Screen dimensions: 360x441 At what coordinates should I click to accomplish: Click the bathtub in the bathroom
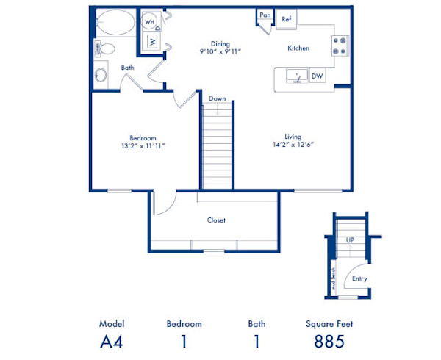pyautogui.click(x=115, y=22)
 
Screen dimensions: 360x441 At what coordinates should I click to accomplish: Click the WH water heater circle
pyautogui.click(x=150, y=22)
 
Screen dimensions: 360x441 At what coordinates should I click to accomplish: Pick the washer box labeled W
pyautogui.click(x=152, y=42)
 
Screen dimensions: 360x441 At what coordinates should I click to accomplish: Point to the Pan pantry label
pyautogui.click(x=265, y=15)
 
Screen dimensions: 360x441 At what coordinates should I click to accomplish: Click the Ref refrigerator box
pyautogui.click(x=287, y=19)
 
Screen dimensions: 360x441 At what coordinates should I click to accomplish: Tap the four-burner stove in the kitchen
pyautogui.click(x=340, y=46)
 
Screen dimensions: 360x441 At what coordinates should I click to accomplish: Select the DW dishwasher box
pyautogui.click(x=317, y=76)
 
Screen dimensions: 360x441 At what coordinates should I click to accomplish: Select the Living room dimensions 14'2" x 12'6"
pyautogui.click(x=294, y=145)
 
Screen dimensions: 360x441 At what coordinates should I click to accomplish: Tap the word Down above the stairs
pyautogui.click(x=217, y=98)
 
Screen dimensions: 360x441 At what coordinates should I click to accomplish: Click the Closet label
pyautogui.click(x=216, y=220)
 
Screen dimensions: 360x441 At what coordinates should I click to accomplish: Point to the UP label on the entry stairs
pyautogui.click(x=351, y=240)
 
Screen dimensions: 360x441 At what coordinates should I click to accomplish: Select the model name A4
pyautogui.click(x=112, y=341)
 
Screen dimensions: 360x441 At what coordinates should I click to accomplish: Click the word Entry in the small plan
pyautogui.click(x=360, y=278)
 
